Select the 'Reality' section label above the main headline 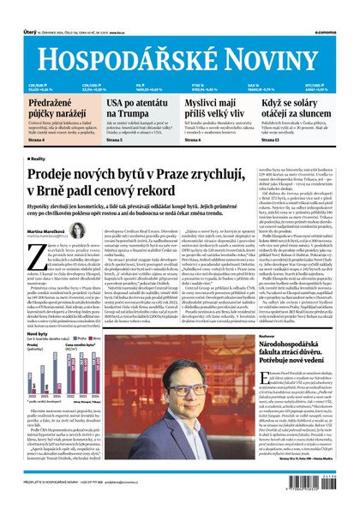coord(37,159)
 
